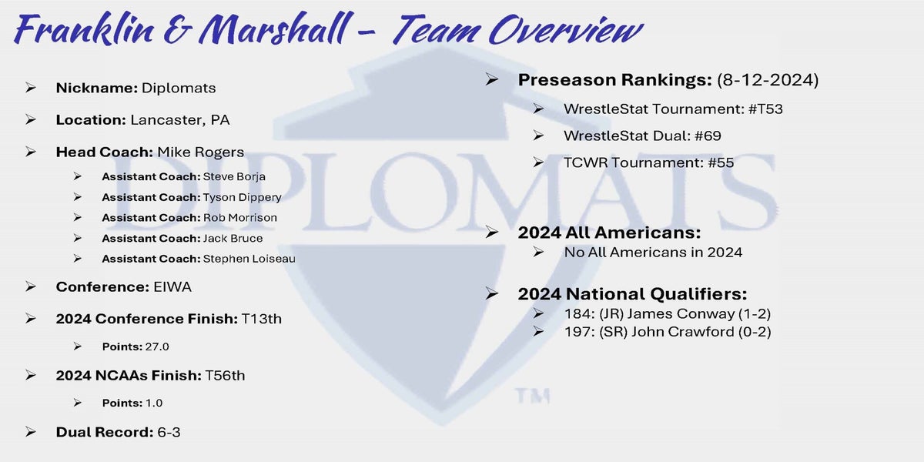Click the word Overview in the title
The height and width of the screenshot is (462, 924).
[566, 30]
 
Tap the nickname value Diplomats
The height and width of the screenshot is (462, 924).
[179, 89]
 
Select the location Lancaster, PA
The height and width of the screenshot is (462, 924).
[180, 120]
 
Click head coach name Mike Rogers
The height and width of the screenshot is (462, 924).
[200, 152]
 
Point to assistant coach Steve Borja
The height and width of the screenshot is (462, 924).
[234, 176]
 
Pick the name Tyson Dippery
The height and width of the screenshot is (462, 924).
[242, 198]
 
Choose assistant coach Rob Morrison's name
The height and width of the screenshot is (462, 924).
[239, 218]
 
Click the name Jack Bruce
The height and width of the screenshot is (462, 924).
[233, 239]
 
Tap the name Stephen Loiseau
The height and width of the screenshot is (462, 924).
[249, 259]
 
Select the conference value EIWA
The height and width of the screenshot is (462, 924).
[172, 287]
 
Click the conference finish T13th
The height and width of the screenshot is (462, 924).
[262, 319]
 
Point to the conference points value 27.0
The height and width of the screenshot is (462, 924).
[157, 346]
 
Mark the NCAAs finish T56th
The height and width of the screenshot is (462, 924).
[225, 376]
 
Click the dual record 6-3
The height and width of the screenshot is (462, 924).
[169, 432]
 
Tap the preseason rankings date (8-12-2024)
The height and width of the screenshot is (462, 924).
[768, 80]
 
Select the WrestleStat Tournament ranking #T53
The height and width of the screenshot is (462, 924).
[765, 109]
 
